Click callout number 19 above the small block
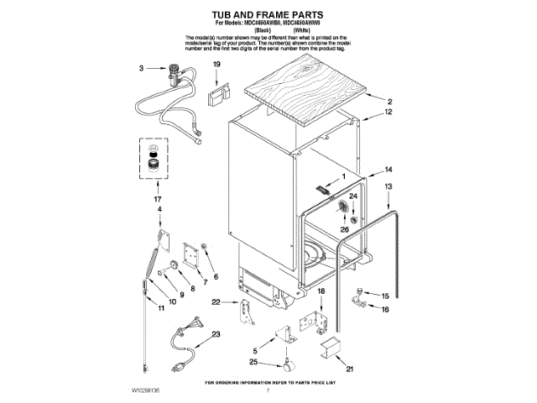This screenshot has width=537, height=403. coord(216,65)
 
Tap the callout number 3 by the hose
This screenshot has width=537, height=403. coord(141,69)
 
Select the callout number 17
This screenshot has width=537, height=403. coord(157,198)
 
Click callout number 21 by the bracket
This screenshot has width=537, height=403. coord(350,367)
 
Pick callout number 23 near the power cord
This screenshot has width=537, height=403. coord(216,334)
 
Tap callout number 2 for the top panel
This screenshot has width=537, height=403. coord(389,102)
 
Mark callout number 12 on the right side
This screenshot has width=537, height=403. coord(388,112)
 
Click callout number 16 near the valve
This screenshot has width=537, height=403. coord(386,310)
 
